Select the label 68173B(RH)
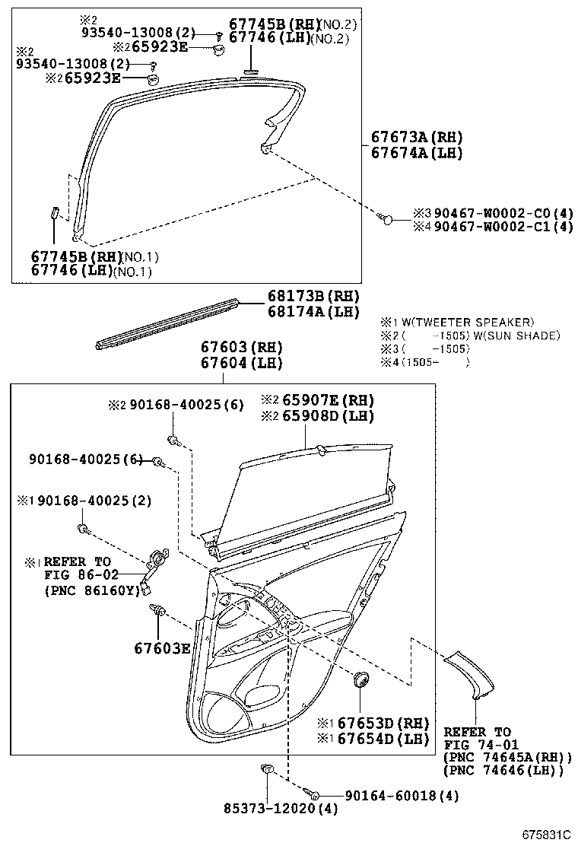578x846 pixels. coord(312,296)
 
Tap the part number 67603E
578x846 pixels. coord(161,648)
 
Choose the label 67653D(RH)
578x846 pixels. coord(383,723)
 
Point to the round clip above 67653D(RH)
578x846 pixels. coord(360,679)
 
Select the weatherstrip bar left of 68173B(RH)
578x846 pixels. coord(167,324)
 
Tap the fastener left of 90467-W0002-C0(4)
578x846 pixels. coord(386,219)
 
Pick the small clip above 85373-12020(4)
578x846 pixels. coord(267,770)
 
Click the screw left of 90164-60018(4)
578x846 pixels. coord(314,794)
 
